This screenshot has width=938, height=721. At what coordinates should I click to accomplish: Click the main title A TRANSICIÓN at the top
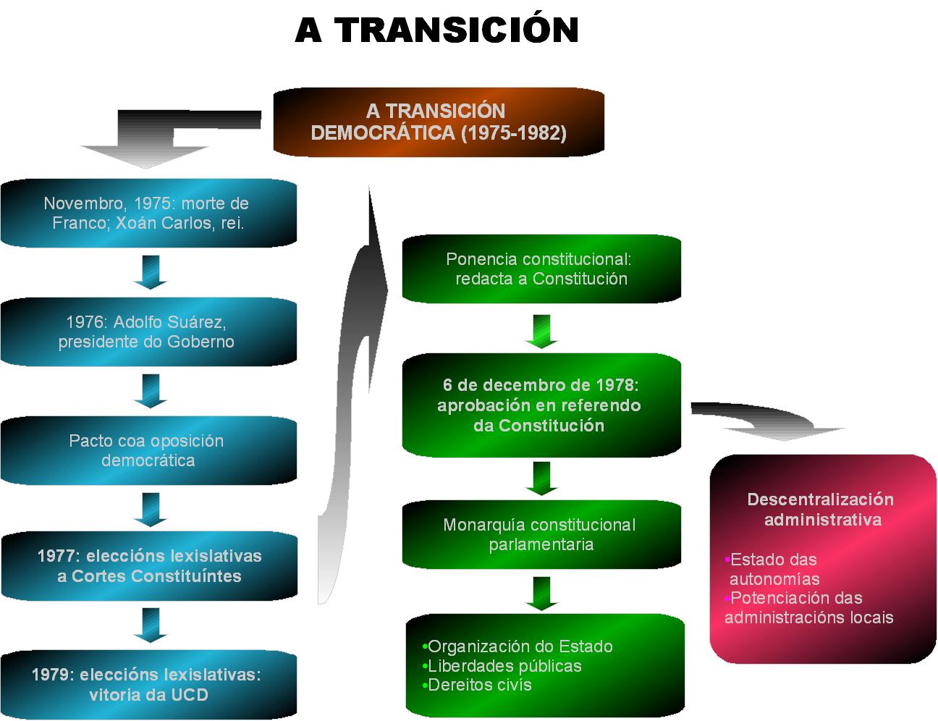point(436,30)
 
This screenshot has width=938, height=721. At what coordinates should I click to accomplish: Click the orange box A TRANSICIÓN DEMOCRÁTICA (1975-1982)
point(438,122)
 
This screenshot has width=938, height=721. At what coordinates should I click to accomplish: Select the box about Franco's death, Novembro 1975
point(148,213)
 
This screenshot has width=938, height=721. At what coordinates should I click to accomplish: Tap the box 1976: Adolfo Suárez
point(148,332)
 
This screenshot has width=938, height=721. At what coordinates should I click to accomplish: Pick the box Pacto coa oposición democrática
point(148,450)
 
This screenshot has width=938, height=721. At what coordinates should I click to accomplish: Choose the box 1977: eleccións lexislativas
point(148,566)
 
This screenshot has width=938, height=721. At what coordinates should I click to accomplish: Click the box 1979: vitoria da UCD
point(148,685)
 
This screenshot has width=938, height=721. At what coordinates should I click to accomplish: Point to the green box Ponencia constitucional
point(541,269)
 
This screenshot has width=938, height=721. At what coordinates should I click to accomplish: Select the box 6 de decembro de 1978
point(541,405)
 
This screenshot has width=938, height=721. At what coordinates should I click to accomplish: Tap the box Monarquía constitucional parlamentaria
point(541,534)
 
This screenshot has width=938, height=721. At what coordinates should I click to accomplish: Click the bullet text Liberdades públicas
point(504,666)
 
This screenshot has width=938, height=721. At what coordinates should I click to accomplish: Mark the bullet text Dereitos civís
point(479,685)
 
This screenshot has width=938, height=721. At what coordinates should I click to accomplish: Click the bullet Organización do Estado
point(520,646)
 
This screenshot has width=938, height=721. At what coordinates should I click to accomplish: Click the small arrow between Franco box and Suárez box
point(151,272)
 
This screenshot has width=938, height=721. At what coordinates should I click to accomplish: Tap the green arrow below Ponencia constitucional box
point(542,331)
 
